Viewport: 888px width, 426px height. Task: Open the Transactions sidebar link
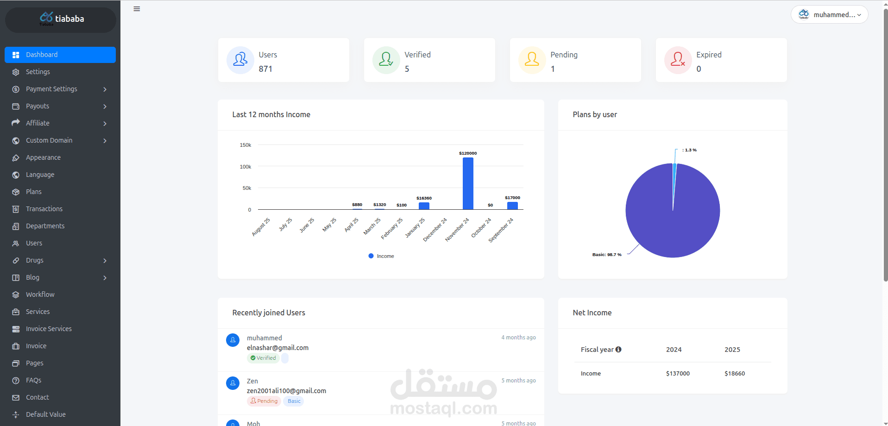(44, 209)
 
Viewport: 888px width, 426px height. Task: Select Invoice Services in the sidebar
(49, 329)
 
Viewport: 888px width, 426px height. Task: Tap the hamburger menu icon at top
(137, 9)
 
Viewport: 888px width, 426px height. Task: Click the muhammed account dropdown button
(829, 15)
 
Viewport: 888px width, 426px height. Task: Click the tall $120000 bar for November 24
(468, 183)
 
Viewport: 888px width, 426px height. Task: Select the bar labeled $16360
(424, 206)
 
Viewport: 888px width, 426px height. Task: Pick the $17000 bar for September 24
(512, 206)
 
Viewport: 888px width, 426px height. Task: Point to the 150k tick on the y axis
(246, 145)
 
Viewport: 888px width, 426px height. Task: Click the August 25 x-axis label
(261, 227)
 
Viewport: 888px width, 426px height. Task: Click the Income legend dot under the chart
(371, 256)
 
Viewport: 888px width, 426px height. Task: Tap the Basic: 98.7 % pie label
(607, 255)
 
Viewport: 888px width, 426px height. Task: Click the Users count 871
(265, 69)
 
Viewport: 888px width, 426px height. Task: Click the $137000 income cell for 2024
(678, 374)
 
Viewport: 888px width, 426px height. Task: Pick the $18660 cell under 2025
(735, 374)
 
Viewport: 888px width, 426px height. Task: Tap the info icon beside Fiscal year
(618, 350)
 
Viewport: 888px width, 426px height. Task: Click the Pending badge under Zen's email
(264, 401)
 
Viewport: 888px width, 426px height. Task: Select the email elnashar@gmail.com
(277, 348)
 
